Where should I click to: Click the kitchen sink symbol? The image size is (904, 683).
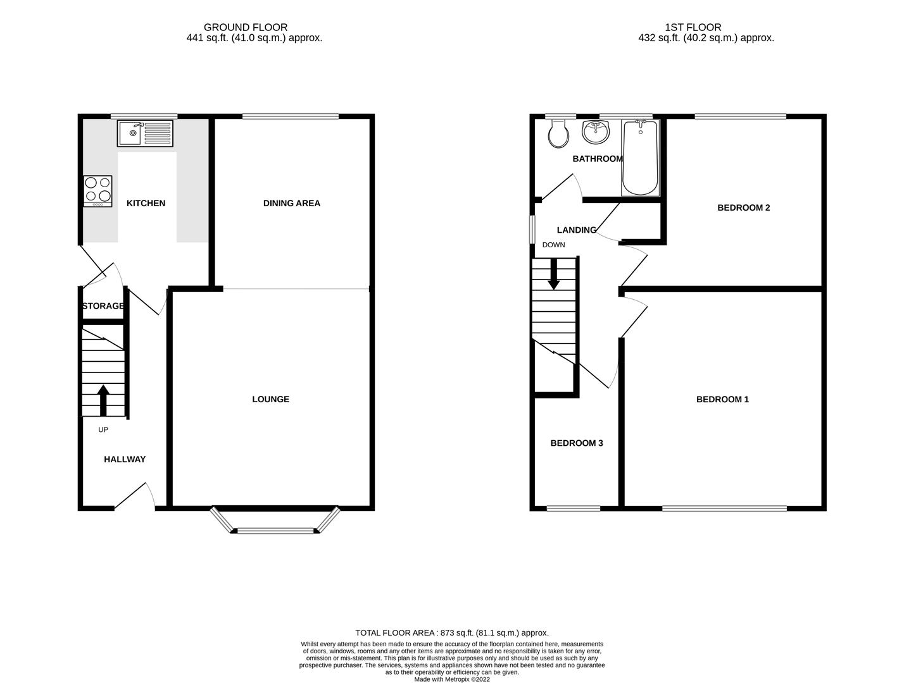(145, 133)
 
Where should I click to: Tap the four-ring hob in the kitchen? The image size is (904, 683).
(97, 191)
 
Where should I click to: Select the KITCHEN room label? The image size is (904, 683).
(146, 203)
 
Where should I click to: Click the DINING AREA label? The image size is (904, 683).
(292, 203)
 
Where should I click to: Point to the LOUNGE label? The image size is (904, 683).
(270, 399)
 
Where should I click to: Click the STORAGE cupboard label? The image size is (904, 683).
(103, 306)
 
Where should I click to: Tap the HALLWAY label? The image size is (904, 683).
(125, 459)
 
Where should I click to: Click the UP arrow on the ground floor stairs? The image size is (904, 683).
(103, 400)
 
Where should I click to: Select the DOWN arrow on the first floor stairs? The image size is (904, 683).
(554, 275)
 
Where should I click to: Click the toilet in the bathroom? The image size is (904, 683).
(558, 133)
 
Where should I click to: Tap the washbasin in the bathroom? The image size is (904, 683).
(596, 132)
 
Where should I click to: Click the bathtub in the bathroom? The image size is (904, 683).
(641, 158)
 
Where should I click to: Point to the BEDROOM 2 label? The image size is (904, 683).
(743, 207)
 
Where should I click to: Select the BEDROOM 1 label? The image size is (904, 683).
(722, 399)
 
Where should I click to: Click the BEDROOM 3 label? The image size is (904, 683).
(576, 443)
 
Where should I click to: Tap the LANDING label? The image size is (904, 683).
(576, 230)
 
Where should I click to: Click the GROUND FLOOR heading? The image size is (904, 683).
(246, 27)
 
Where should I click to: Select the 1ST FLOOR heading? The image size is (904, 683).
(693, 27)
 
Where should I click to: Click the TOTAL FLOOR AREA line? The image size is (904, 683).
(452, 632)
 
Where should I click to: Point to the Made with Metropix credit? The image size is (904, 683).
(452, 679)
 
